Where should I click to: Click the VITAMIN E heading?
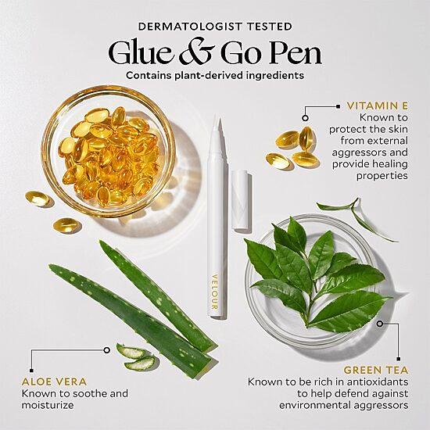click(378, 106)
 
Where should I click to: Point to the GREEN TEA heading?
click(376, 370)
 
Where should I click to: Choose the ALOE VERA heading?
click(54, 382)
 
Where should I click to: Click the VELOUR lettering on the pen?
click(215, 292)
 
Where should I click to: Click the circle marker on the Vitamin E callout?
click(305, 118)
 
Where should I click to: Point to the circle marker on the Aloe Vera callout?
click(106, 350)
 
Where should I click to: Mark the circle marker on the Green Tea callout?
click(379, 324)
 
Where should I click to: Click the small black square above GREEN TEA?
click(399, 359)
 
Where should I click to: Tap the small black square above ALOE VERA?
click(31, 371)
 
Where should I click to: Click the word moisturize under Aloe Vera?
click(48, 405)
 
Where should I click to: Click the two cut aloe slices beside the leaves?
click(134, 357)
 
